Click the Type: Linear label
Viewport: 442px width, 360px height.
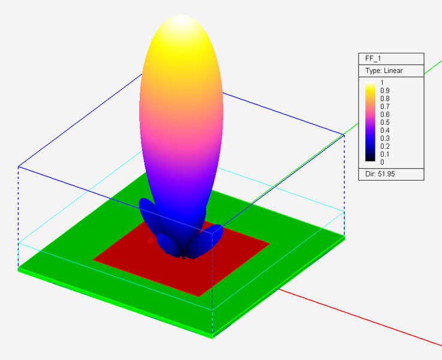[384, 71]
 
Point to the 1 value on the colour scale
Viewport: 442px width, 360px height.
[381, 83]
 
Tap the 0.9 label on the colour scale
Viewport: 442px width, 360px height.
[384, 91]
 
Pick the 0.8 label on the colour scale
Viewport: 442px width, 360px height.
[384, 98]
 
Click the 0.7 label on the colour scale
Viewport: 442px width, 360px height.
[384, 106]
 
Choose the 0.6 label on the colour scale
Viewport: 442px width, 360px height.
[384, 114]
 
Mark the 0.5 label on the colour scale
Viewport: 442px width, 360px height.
[384, 122]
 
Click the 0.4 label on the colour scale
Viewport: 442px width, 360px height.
[384, 130]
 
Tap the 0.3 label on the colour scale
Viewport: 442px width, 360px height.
[384, 138]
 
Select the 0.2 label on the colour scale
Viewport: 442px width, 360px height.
[384, 146]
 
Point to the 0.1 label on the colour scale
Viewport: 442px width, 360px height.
[384, 154]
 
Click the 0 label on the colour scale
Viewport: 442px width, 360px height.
[381, 161]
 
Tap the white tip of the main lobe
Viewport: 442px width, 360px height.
[181, 21]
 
